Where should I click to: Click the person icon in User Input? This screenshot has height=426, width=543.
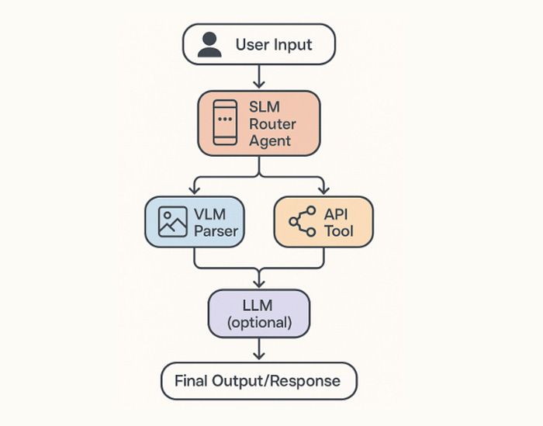point(209,44)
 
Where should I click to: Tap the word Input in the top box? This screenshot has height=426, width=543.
point(293,45)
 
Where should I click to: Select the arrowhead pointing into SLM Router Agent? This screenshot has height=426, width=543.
point(259,84)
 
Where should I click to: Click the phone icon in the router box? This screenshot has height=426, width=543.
point(225,123)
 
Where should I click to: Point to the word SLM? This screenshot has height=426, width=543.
point(265,106)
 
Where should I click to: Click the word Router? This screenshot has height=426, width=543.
point(272,124)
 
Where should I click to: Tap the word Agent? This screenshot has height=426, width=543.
point(270,142)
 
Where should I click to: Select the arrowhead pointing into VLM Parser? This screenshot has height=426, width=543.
point(194,190)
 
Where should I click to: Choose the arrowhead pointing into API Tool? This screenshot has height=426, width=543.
point(323,190)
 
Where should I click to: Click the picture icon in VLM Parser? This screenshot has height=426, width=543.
point(172,222)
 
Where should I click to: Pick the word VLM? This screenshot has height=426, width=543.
point(210,214)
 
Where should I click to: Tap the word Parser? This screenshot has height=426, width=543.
point(216,231)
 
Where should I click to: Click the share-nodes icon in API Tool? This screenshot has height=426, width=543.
point(303,221)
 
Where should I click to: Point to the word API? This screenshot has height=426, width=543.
point(336,214)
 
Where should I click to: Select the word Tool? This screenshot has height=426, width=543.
point(339,231)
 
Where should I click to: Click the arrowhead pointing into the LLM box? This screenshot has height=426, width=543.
point(259,283)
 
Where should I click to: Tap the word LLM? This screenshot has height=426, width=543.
point(258,306)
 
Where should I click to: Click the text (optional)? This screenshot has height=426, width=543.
point(259,323)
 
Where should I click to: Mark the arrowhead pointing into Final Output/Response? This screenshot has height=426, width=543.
point(259,355)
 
